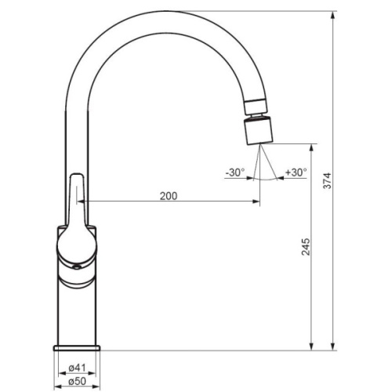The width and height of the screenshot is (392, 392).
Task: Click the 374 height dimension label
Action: pyautogui.click(x=327, y=180)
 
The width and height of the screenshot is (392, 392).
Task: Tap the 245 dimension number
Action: pyautogui.click(x=306, y=246)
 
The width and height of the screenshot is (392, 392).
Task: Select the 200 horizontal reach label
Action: pyautogui.click(x=169, y=196)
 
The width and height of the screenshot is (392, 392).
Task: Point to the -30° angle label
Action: pyautogui.click(x=235, y=172)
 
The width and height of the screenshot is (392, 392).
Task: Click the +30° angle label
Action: pyautogui.click(x=296, y=172)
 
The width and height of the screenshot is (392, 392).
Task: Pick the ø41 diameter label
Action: pyautogui.click(x=77, y=368)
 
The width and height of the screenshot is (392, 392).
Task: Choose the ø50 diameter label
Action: pyautogui.click(x=77, y=381)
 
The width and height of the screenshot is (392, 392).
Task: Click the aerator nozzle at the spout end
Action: pyautogui.click(x=259, y=131)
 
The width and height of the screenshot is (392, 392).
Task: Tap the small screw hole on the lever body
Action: pyautogui.click(x=77, y=267)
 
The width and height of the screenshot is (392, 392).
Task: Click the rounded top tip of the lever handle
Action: pyautogui.click(x=77, y=174)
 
